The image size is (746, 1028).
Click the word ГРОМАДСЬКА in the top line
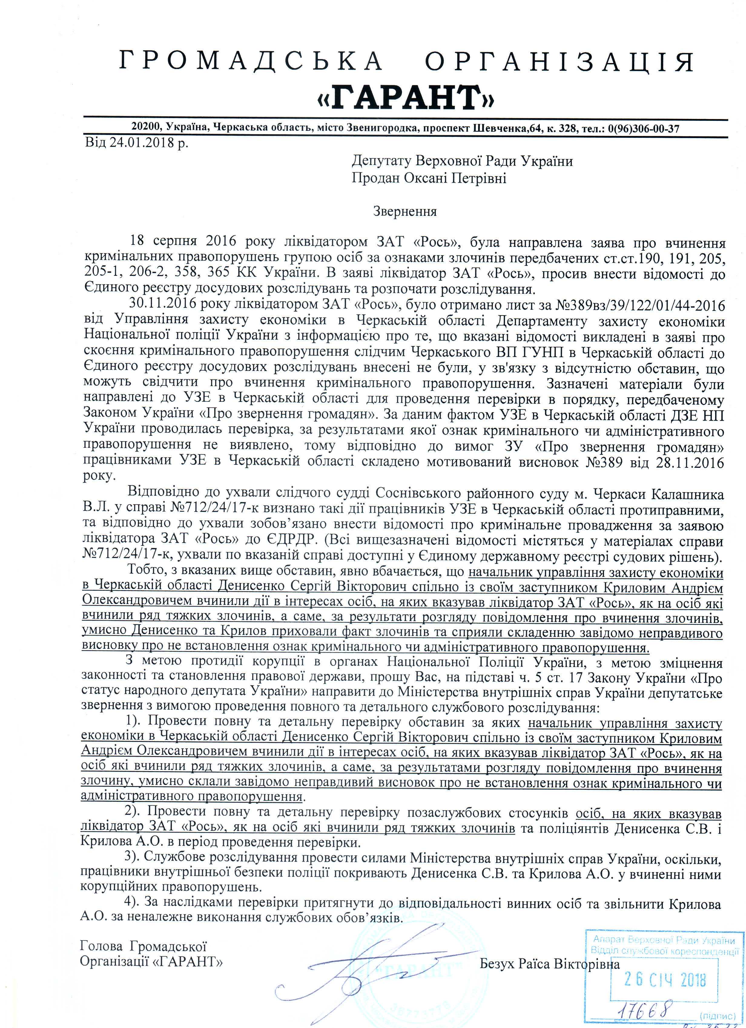[x=251, y=62]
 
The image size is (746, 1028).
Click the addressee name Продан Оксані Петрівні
[x=429, y=178]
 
